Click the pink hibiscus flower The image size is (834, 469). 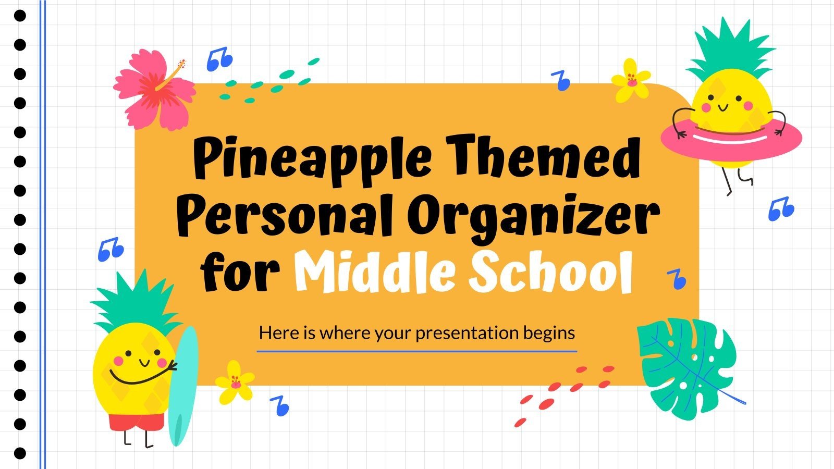[x=154, y=89]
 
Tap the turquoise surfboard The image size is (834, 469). [x=183, y=386]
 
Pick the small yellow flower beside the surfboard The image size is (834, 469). [x=235, y=382]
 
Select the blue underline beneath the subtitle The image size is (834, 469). [x=417, y=351]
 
